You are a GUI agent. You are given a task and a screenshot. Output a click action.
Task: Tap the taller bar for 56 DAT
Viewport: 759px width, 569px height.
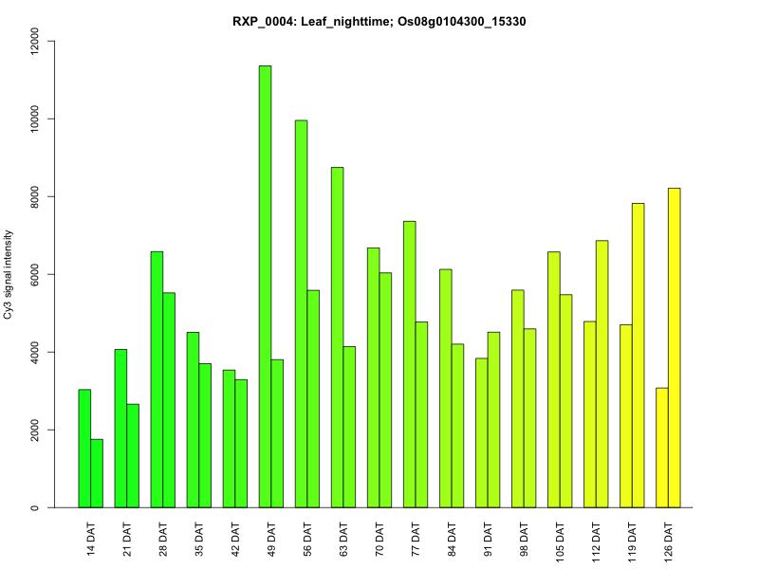(301, 314)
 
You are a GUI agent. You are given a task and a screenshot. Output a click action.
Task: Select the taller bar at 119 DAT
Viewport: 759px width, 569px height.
(639, 356)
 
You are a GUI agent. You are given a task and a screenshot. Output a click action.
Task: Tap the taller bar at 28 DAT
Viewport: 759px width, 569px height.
(157, 379)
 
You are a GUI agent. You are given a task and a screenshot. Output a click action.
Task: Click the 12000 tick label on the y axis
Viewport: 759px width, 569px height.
(35, 42)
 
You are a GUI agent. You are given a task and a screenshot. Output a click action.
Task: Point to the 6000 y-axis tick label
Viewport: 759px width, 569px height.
(35, 275)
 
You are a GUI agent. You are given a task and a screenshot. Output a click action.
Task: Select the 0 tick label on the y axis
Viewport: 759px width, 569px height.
(35, 507)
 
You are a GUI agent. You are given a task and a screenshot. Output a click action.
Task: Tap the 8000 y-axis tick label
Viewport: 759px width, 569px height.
(35, 197)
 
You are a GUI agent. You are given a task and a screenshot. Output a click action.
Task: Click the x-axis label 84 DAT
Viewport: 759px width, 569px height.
(452, 538)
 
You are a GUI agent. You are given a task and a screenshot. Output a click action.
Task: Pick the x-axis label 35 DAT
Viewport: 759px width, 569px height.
(199, 538)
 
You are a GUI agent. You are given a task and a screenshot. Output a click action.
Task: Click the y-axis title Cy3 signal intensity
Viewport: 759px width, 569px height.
(9, 274)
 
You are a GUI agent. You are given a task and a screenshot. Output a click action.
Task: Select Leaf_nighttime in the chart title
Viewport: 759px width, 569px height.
(352, 21)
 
